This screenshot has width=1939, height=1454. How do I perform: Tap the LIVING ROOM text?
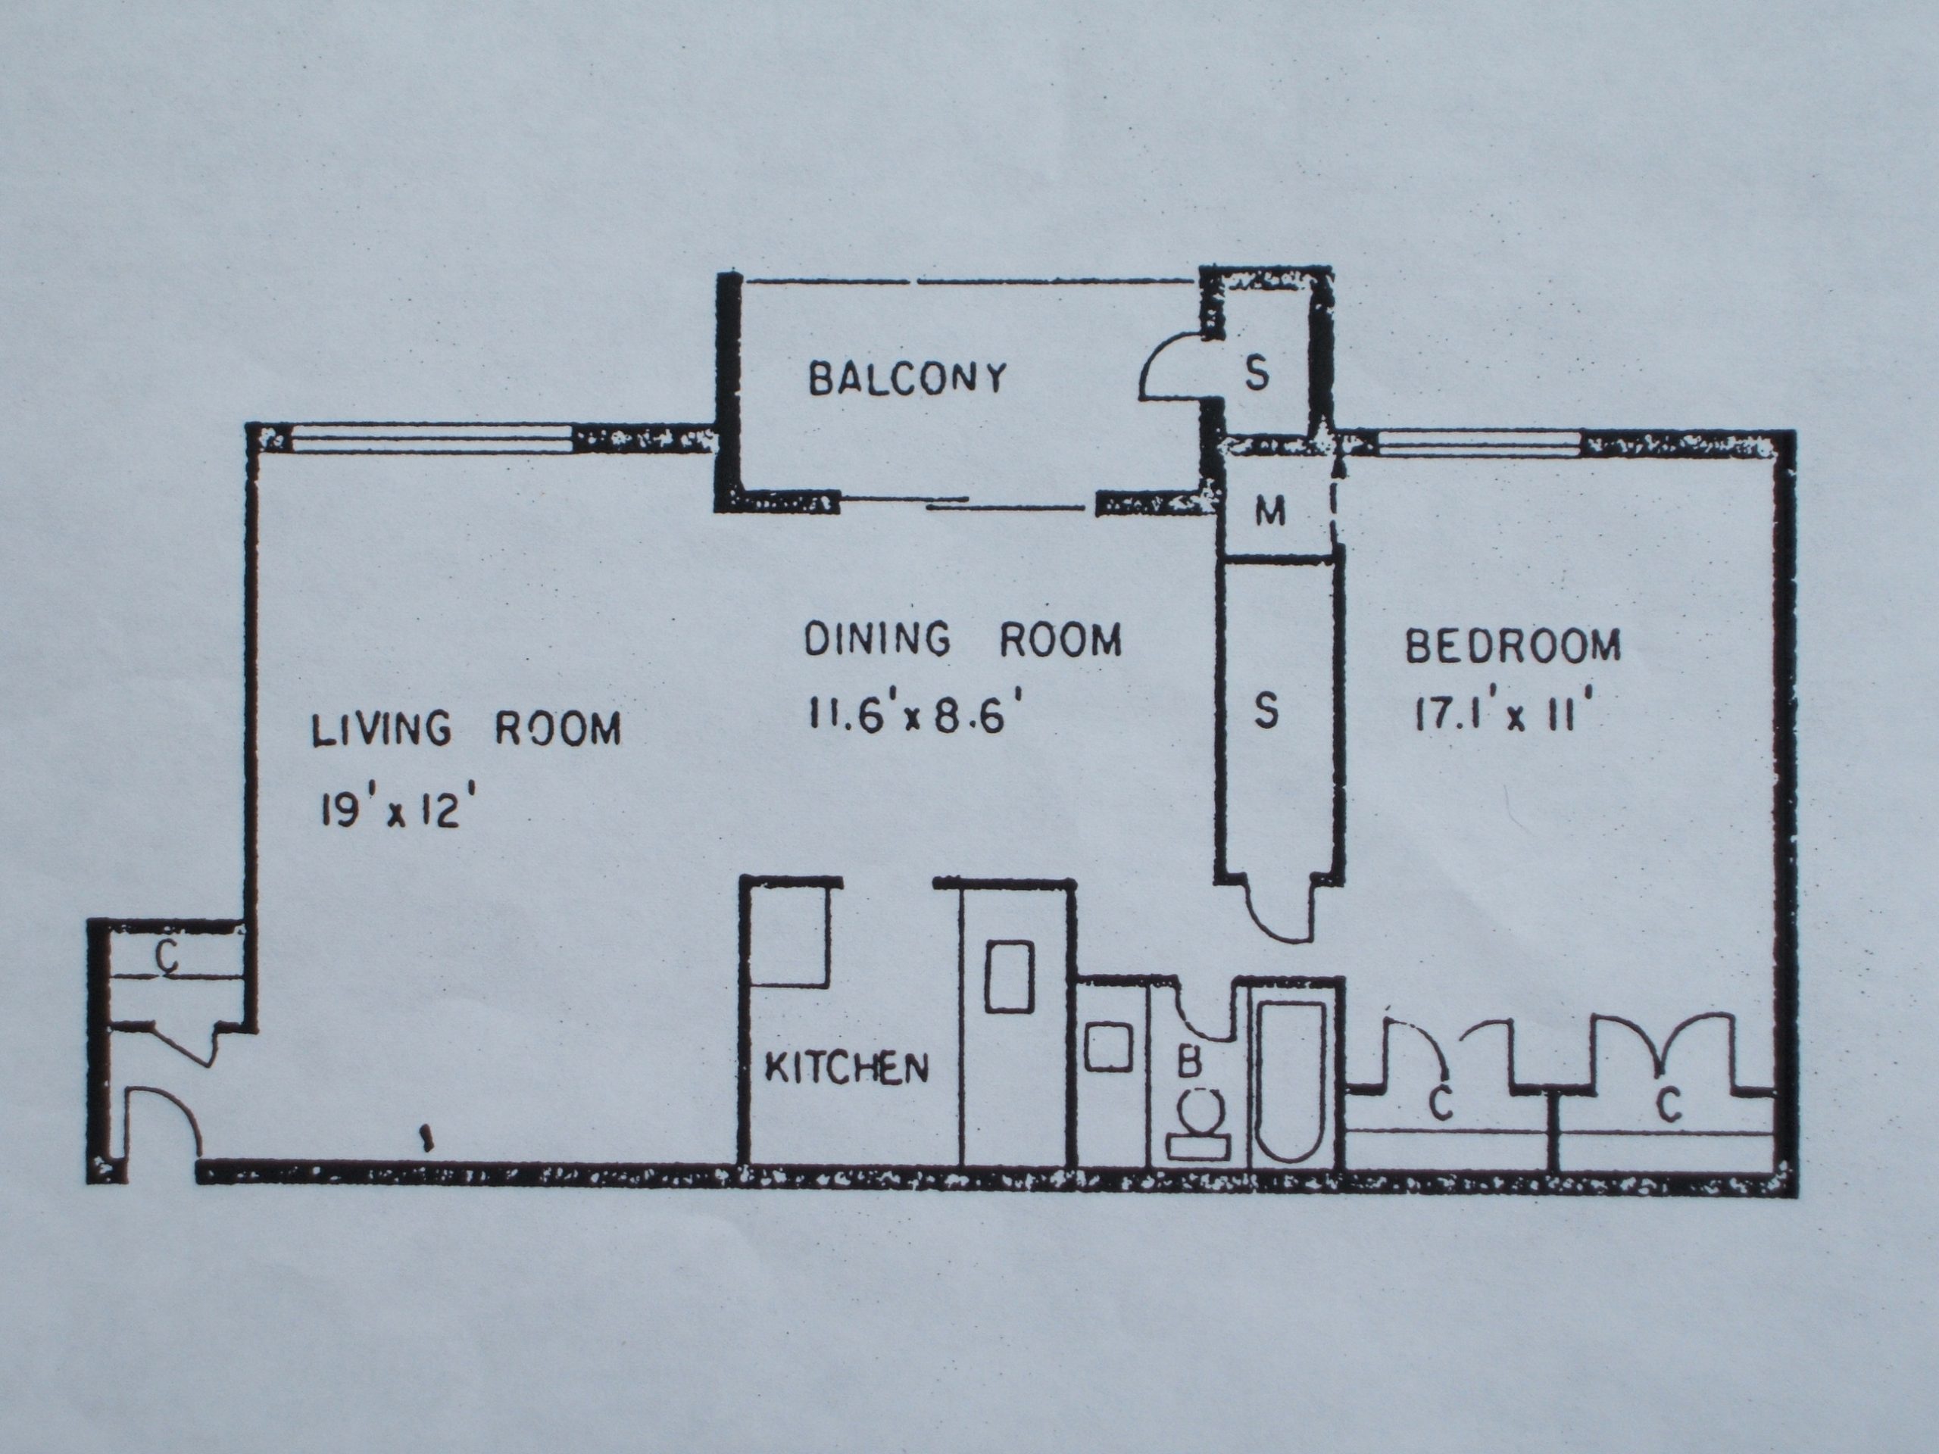point(467,729)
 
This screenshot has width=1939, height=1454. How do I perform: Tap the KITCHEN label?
point(847,1068)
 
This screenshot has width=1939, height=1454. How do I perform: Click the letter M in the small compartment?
point(1270,512)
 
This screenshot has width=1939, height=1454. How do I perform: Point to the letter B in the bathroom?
point(1188,1062)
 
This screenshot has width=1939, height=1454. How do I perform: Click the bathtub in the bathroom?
point(1291,1083)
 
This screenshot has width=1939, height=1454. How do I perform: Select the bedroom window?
point(1481,445)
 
